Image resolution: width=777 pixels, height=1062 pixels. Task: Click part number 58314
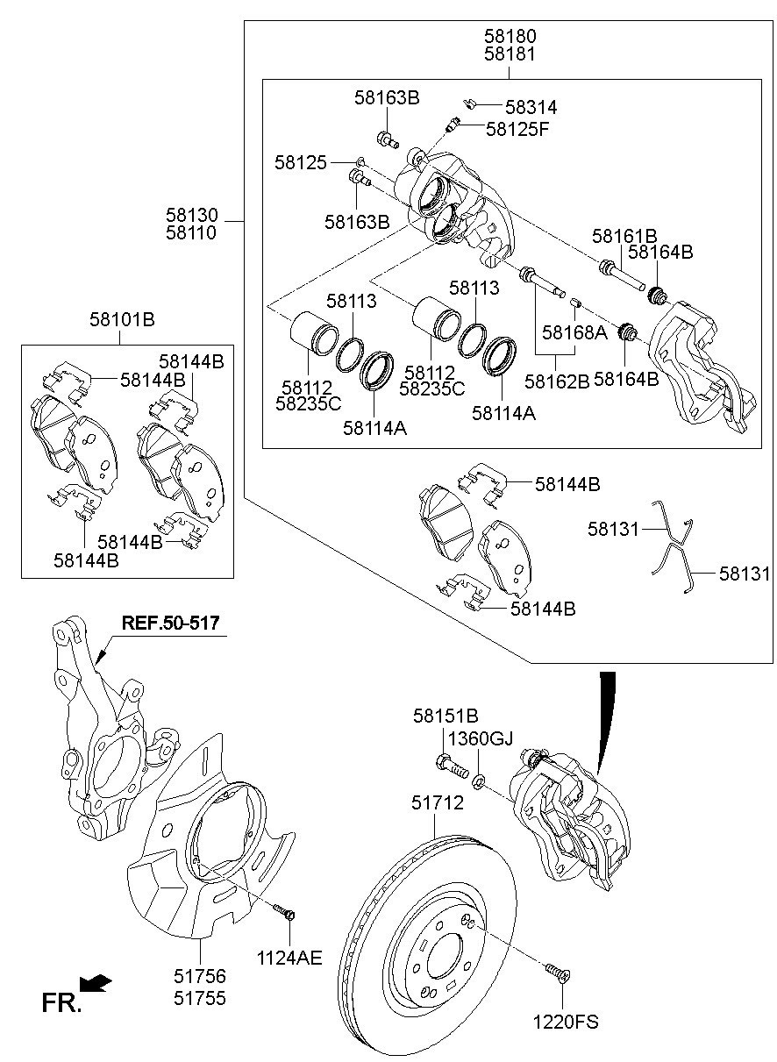click(x=531, y=108)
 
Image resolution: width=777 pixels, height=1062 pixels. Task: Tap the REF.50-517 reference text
click(x=170, y=623)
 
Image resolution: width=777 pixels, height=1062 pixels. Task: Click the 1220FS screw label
click(x=567, y=1022)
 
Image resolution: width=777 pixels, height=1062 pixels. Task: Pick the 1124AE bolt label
click(x=290, y=958)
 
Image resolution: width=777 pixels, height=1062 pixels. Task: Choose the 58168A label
click(x=574, y=332)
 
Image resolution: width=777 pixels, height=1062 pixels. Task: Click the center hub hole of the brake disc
click(x=443, y=952)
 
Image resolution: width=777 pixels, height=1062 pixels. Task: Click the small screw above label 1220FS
click(x=555, y=972)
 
